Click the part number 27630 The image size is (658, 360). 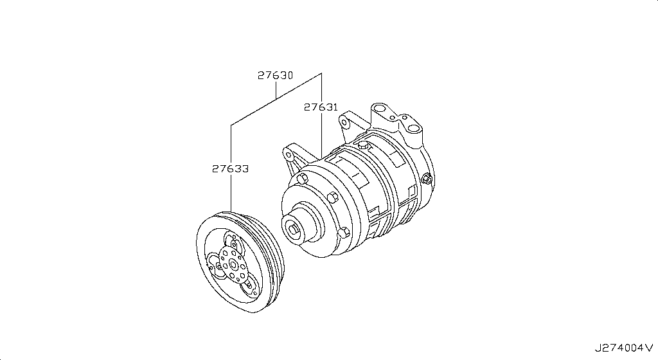[275, 75]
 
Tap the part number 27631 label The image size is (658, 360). [321, 107]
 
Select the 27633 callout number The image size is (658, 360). [231, 168]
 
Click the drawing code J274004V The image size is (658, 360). [624, 348]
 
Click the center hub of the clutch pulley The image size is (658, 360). [232, 265]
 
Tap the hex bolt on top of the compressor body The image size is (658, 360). [364, 145]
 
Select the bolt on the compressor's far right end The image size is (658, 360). [427, 178]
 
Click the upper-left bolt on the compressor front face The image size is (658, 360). [301, 178]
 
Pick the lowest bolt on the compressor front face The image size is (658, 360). [344, 231]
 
